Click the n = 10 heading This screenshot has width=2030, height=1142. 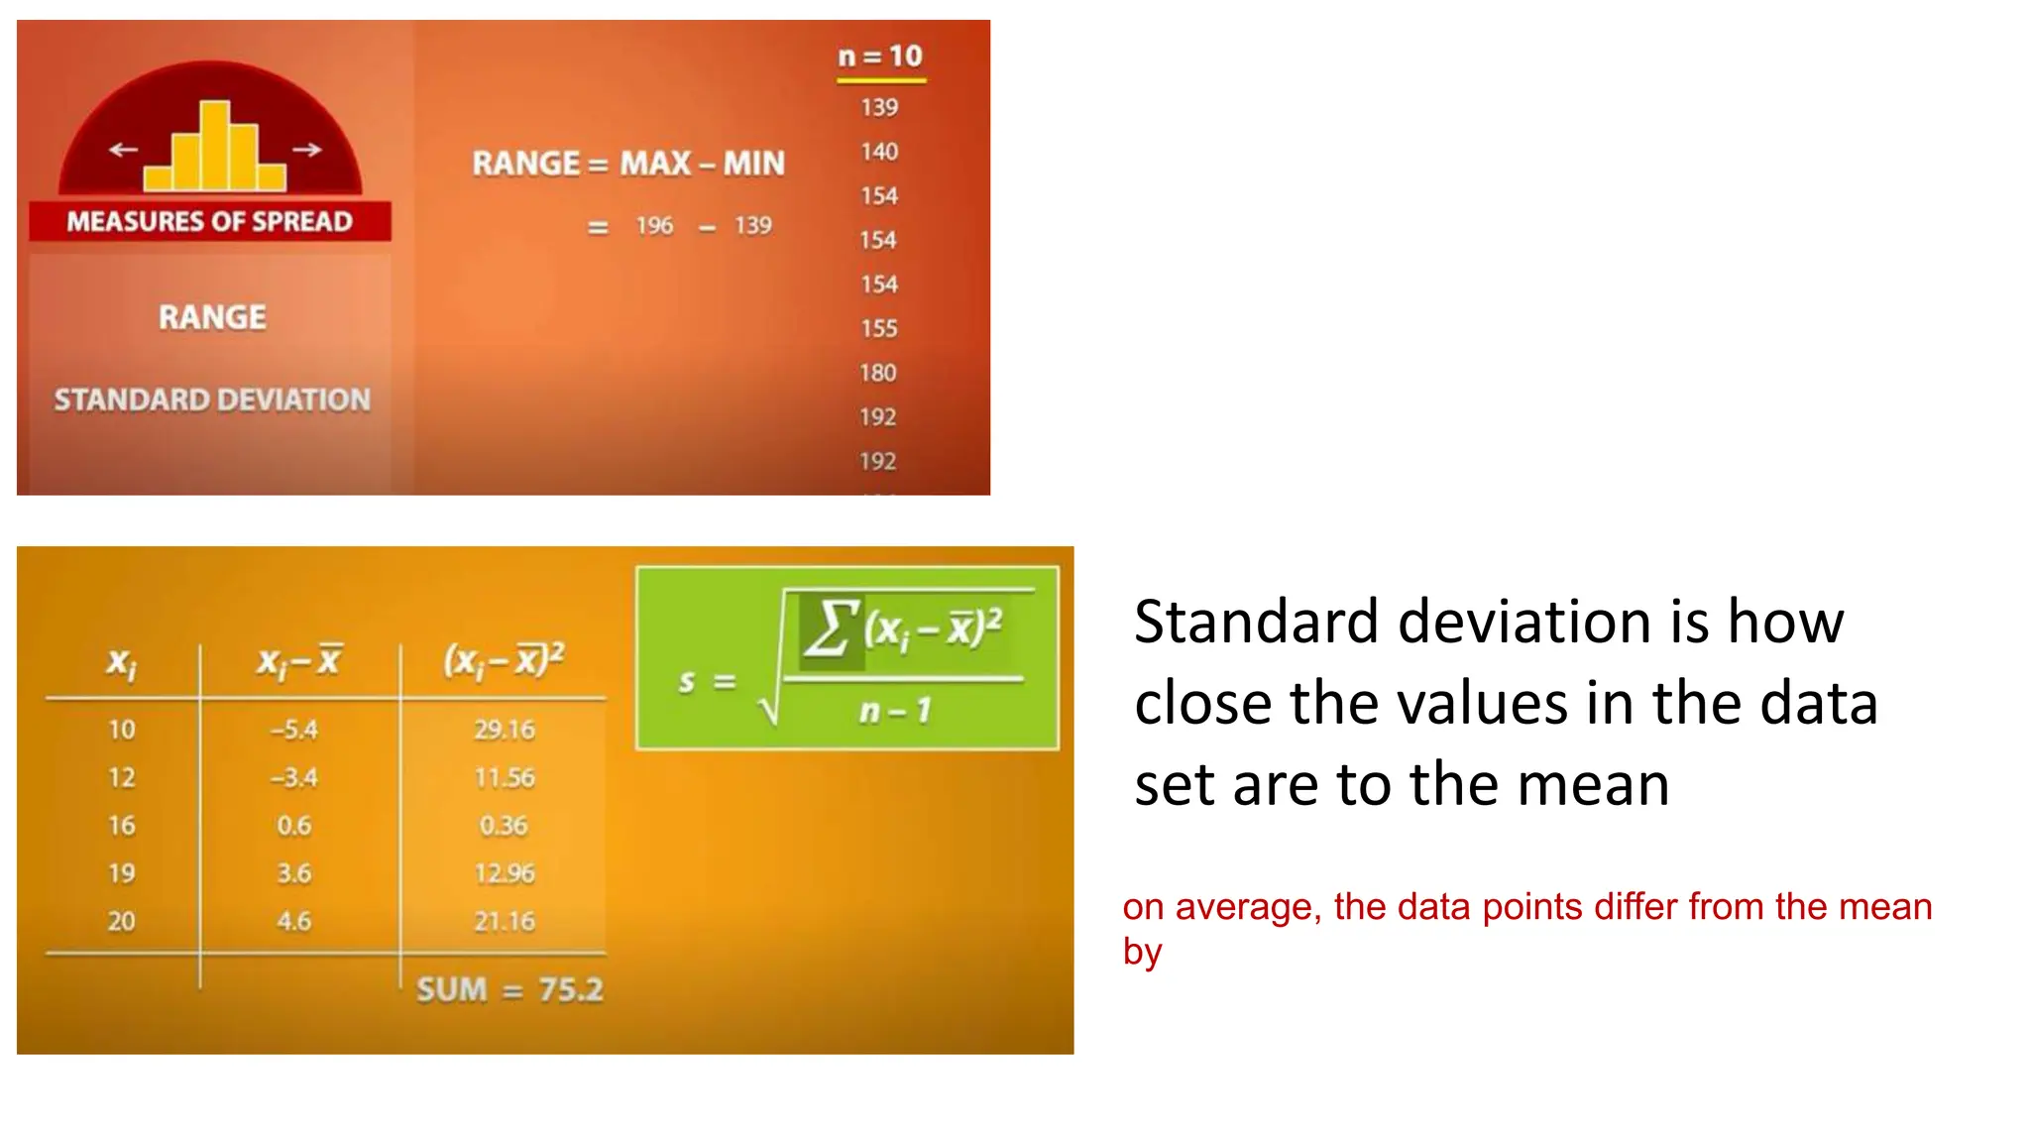[880, 57]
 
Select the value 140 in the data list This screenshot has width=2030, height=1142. [879, 152]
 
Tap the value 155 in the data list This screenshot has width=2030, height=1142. [879, 328]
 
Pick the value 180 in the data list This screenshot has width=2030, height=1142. [878, 373]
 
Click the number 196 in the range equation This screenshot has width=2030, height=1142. [654, 226]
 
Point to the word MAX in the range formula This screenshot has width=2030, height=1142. [656, 163]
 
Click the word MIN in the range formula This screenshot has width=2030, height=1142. [753, 163]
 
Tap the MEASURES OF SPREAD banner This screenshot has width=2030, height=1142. [209, 221]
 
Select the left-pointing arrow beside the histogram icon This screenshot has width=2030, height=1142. [123, 150]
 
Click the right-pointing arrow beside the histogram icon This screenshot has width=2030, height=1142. [307, 150]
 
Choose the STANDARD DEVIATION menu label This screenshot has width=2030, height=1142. [212, 400]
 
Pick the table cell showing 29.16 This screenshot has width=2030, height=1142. [505, 730]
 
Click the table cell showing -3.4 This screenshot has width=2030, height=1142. [294, 777]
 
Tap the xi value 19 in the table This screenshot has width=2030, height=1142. [122, 873]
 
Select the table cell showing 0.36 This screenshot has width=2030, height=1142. [504, 825]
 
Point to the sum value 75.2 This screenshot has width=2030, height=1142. [571, 989]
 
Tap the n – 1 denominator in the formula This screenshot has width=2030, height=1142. [895, 710]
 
